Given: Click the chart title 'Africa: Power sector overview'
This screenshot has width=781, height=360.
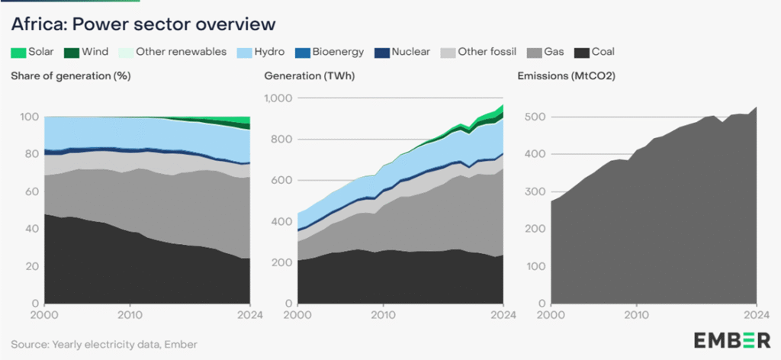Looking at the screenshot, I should click(x=143, y=24).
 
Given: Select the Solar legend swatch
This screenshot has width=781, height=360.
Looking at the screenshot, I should click(x=18, y=53).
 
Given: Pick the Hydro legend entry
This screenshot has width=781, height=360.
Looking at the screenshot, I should click(x=262, y=52).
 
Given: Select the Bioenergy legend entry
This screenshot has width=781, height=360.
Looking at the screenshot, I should click(x=333, y=52).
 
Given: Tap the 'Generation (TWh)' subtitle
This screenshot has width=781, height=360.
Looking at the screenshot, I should click(x=309, y=76).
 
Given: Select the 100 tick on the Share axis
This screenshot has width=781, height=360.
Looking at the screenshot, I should click(x=29, y=117).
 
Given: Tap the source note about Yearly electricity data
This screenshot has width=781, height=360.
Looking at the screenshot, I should click(x=104, y=344).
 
